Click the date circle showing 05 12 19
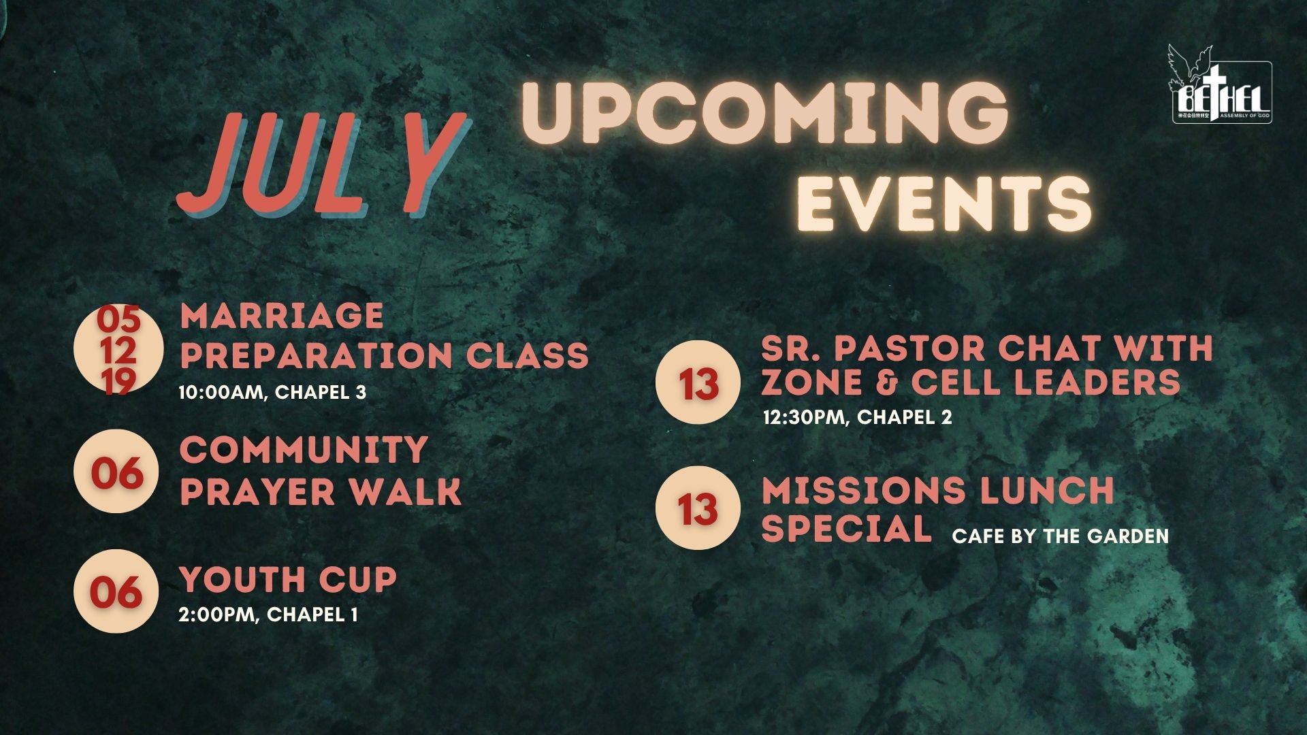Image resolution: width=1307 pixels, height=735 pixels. (118, 350)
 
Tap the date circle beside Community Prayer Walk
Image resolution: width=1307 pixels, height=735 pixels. (116, 471)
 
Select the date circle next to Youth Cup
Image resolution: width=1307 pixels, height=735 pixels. (116, 591)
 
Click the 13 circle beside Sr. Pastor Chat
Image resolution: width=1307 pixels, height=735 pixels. (698, 382)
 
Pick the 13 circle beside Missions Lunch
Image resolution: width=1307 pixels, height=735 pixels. (698, 508)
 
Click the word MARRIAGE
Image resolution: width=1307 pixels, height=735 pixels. (282, 316)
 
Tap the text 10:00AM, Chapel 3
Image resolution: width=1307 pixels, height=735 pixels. (272, 393)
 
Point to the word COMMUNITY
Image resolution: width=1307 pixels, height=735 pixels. (304, 450)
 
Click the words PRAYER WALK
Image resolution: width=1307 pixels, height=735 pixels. (321, 491)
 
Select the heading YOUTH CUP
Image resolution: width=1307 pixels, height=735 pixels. (288, 580)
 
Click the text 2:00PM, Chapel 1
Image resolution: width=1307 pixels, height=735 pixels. (268, 615)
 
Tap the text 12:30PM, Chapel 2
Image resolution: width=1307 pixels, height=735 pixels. (858, 417)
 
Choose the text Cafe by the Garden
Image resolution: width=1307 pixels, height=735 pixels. (1060, 536)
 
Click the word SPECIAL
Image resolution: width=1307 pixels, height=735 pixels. (847, 529)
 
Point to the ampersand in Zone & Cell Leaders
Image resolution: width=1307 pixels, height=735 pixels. (885, 382)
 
